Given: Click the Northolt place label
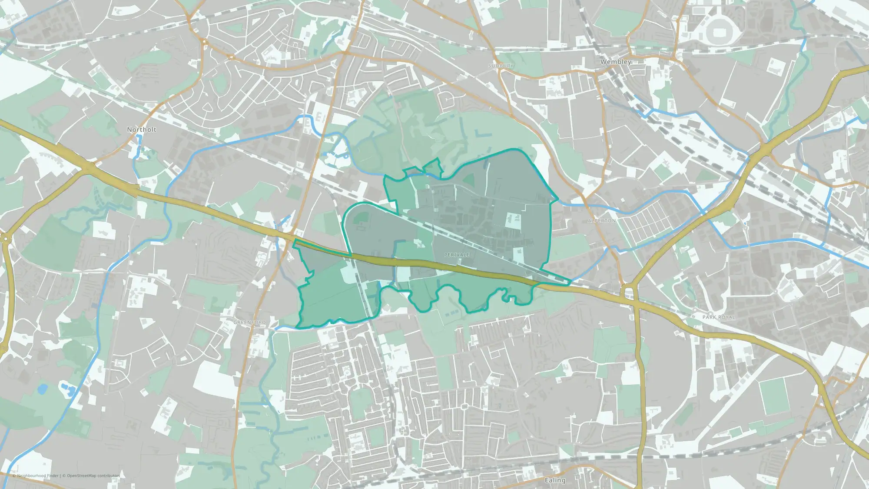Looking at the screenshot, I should click(x=141, y=130).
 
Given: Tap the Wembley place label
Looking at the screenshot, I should click(x=615, y=62).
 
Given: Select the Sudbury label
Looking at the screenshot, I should click(x=501, y=66).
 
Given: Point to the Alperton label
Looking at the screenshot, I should click(x=601, y=221).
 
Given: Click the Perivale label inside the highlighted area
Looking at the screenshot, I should click(x=457, y=255).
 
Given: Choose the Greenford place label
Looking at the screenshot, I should click(x=249, y=323).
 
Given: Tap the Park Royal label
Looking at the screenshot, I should click(x=719, y=317).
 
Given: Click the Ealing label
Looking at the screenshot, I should click(x=555, y=480).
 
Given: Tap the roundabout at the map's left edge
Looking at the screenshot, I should click(x=4, y=238).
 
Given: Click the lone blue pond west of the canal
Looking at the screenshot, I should click(x=42, y=389).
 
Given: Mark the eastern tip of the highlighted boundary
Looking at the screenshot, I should click(x=570, y=283).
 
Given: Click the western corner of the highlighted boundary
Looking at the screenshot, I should click(x=294, y=242).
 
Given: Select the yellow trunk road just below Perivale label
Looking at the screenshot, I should click(x=456, y=266).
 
